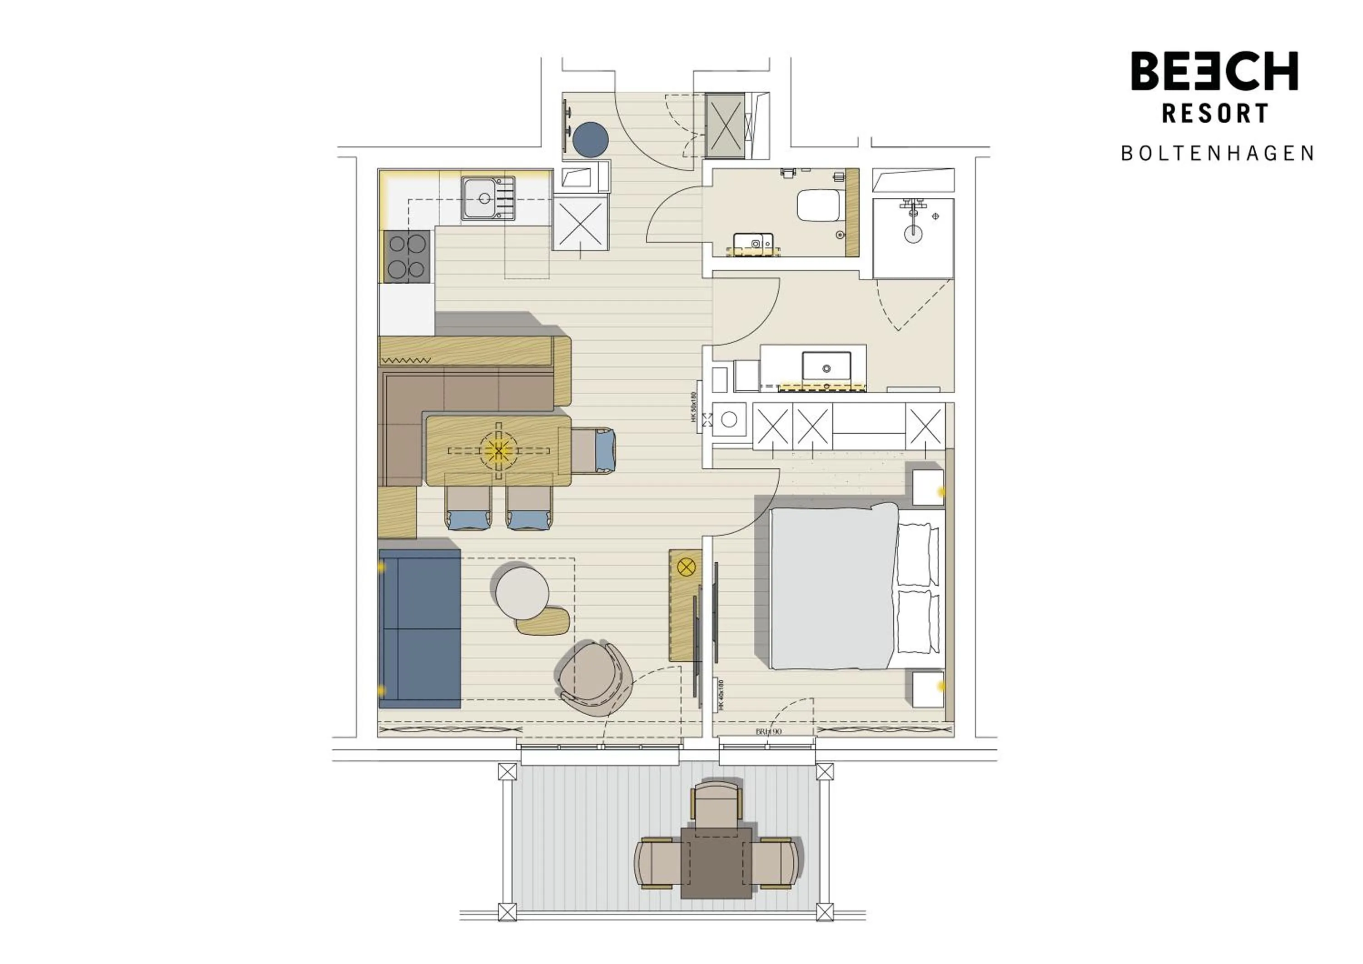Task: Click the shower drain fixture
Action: click(x=913, y=233)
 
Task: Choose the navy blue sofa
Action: click(x=420, y=628)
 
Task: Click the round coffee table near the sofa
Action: click(x=522, y=593)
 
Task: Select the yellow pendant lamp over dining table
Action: click(x=498, y=451)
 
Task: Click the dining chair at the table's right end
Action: click(x=594, y=450)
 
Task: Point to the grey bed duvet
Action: click(x=832, y=587)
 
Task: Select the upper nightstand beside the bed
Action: click(x=927, y=487)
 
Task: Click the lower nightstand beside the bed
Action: click(x=927, y=689)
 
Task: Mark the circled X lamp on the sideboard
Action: click(x=686, y=567)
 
